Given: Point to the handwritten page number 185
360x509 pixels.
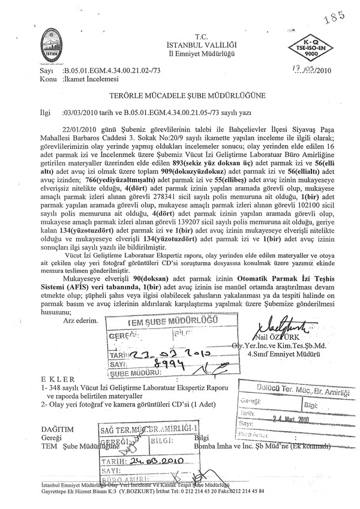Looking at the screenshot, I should click(330, 16).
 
